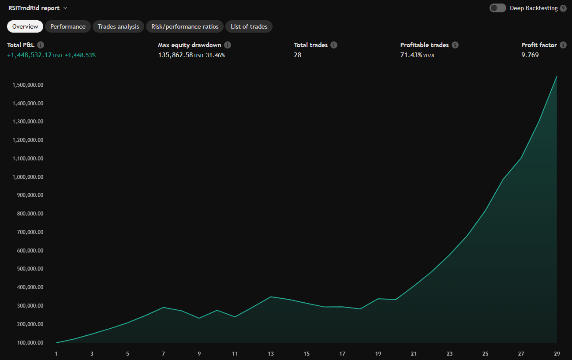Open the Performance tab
(x=68, y=26)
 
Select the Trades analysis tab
(x=118, y=26)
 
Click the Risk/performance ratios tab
(x=185, y=26)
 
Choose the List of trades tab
(x=249, y=26)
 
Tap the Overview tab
(x=25, y=26)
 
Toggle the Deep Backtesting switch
(x=498, y=8)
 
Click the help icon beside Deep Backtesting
(x=563, y=8)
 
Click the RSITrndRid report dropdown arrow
(x=65, y=8)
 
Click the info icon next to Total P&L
(x=41, y=45)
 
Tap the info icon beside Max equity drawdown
(x=228, y=45)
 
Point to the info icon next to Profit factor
(x=563, y=45)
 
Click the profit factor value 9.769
(x=530, y=55)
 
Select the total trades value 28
(x=298, y=55)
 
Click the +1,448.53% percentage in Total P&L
(x=80, y=55)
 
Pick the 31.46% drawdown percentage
(x=215, y=55)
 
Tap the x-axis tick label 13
(x=271, y=353)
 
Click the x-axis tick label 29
(x=557, y=353)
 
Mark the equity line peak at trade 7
(x=164, y=307)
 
